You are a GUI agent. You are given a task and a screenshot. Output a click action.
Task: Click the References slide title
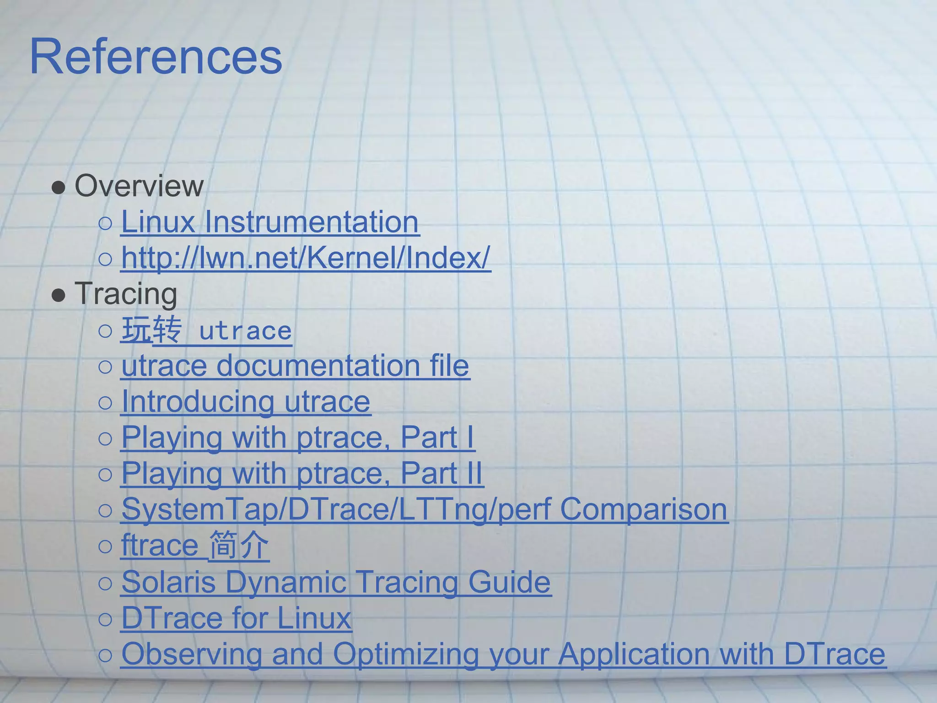(156, 57)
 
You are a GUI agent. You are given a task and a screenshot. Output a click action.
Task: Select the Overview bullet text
(139, 186)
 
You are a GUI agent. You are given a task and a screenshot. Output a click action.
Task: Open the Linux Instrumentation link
(270, 222)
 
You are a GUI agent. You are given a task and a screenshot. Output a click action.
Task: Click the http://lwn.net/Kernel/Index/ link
(306, 258)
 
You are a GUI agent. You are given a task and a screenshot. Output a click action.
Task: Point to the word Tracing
(126, 293)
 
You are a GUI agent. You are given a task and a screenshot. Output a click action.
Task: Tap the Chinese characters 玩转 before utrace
(151, 330)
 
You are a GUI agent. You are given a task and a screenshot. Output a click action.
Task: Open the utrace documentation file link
(295, 366)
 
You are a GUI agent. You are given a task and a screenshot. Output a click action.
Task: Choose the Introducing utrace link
(246, 401)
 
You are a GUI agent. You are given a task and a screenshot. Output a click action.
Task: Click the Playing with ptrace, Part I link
(297, 437)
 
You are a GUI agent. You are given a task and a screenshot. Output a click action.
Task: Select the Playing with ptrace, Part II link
(302, 473)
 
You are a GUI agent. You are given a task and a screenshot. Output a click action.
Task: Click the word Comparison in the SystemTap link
(643, 509)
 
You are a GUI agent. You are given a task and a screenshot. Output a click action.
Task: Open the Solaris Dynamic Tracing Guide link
(336, 582)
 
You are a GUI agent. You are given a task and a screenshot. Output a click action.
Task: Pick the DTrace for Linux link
(236, 618)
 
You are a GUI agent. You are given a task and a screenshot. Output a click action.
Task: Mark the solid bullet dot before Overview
(59, 188)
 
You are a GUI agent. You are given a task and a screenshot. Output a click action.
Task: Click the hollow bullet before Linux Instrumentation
(105, 223)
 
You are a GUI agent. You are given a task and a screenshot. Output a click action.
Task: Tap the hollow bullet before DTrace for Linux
(105, 619)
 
